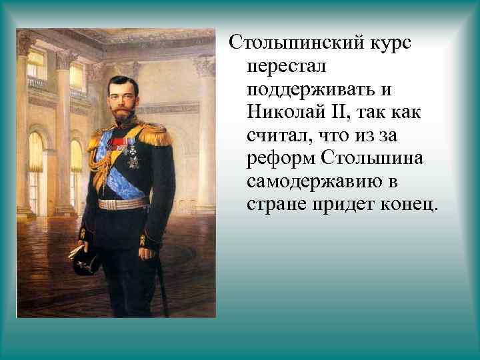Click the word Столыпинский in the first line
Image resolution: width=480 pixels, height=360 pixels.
[x=293, y=43]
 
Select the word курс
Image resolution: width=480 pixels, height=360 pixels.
[x=388, y=43]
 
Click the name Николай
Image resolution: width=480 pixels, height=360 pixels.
[x=283, y=112]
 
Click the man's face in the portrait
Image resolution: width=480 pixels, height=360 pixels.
[x=123, y=93]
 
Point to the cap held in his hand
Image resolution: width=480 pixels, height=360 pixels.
[x=87, y=259]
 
